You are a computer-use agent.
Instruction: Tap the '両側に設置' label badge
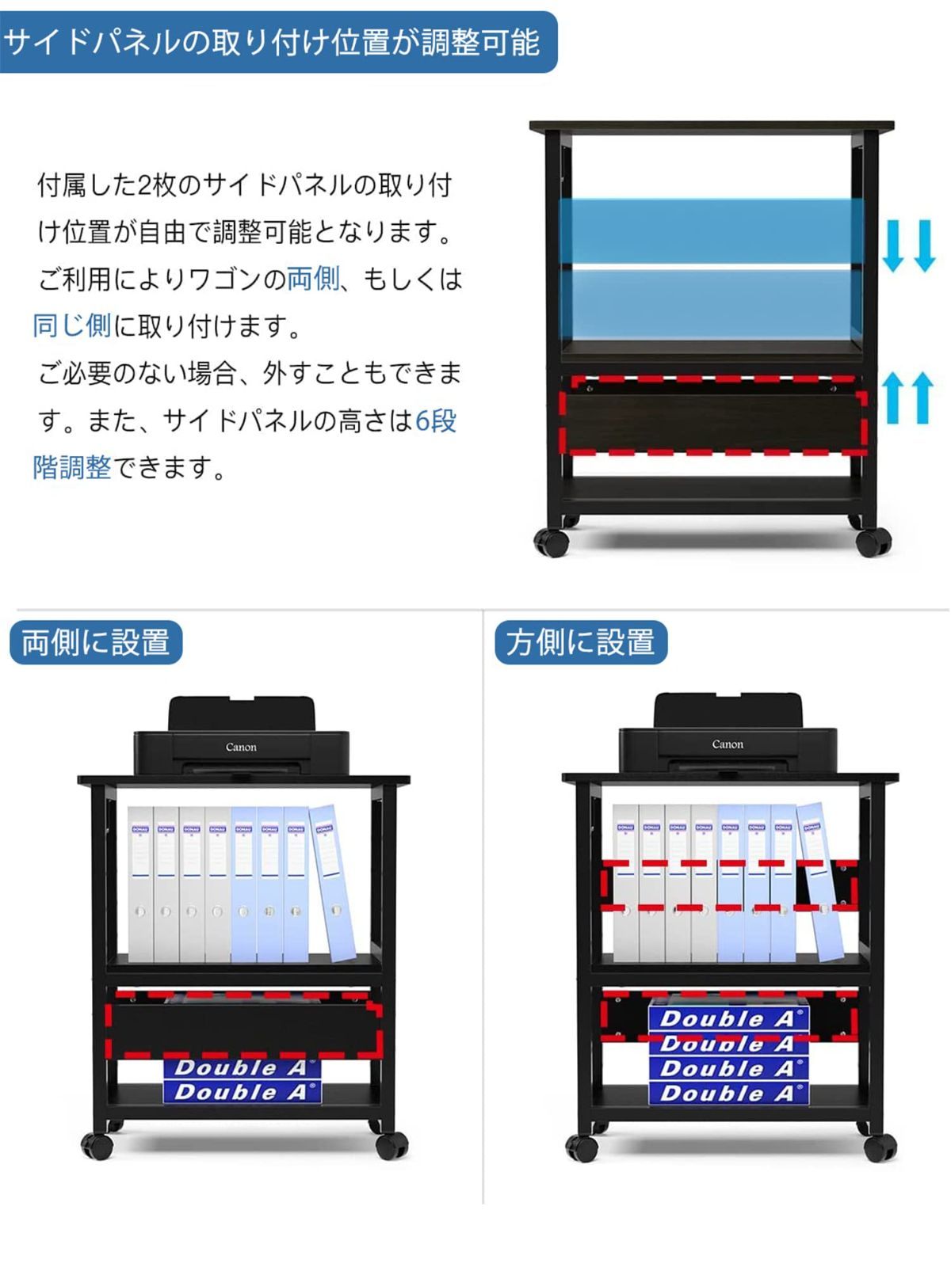pos(96,642)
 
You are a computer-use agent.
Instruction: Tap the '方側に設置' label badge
pos(581,642)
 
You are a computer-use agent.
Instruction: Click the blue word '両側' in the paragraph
pos(313,279)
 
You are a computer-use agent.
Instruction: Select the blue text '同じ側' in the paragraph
pos(71,325)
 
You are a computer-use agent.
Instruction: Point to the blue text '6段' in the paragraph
pos(436,420)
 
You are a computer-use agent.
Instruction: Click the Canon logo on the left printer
pos(241,747)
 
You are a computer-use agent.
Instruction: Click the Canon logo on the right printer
pos(728,744)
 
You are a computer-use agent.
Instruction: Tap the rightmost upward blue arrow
pos(922,398)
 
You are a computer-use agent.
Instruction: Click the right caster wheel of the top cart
pos(873,542)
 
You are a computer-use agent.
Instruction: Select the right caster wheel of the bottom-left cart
pos(391,1145)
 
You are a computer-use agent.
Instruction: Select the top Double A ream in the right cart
pos(728,1018)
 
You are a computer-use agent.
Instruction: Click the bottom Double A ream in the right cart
pos(728,1094)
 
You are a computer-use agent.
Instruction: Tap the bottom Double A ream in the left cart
pos(241,1092)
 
